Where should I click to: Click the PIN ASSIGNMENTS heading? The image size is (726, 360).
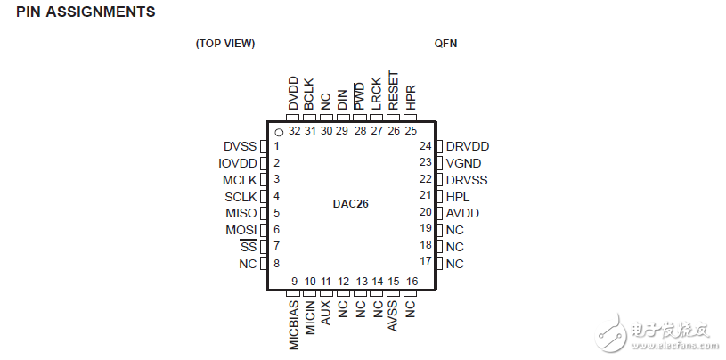(x=86, y=12)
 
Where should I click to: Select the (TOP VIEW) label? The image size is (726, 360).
(x=225, y=43)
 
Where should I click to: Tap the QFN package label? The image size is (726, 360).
(x=445, y=43)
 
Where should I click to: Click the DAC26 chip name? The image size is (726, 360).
(x=350, y=204)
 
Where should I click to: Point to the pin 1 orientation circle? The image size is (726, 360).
(x=279, y=133)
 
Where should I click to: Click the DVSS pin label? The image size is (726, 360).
(x=240, y=146)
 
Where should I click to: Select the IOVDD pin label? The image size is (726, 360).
(x=237, y=163)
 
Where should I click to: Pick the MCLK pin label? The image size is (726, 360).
(x=240, y=180)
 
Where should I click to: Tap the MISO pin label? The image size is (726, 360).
(x=241, y=213)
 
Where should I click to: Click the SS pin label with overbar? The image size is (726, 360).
(x=249, y=247)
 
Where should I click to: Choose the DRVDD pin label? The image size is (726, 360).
(x=468, y=146)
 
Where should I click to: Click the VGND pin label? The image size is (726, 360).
(x=463, y=163)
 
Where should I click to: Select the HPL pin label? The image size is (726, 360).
(x=458, y=197)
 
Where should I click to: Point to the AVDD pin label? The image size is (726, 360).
(x=462, y=213)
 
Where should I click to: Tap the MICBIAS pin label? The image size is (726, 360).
(x=294, y=325)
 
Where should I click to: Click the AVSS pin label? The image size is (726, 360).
(x=394, y=316)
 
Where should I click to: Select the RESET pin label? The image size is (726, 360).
(x=394, y=91)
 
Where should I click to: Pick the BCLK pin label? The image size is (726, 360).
(x=310, y=94)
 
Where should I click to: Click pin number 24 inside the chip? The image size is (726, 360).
(x=425, y=146)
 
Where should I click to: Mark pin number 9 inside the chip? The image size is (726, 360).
(x=294, y=282)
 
